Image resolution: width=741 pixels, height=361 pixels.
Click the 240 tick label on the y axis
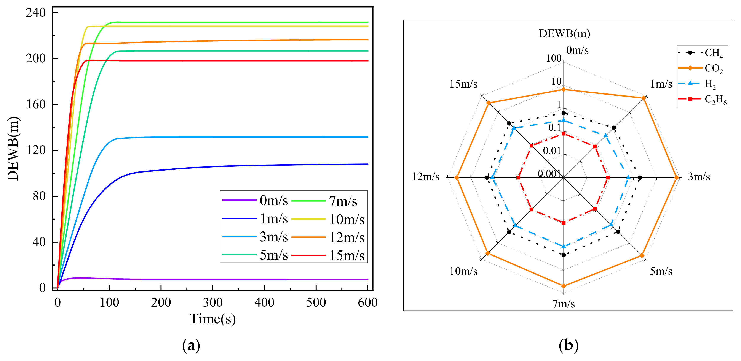click(36, 13)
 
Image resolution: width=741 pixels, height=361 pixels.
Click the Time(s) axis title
click(212, 319)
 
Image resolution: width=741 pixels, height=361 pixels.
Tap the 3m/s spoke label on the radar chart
click(699, 177)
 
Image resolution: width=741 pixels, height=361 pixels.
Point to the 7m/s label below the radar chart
click(564, 304)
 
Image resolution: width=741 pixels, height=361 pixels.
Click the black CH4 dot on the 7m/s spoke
click(564, 255)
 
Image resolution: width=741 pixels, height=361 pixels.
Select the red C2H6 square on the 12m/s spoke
click(518, 178)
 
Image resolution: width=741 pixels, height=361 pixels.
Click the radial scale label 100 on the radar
click(554, 58)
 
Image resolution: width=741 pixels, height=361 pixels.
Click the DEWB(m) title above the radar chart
click(564, 34)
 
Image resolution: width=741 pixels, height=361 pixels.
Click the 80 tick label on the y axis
click(39, 196)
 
